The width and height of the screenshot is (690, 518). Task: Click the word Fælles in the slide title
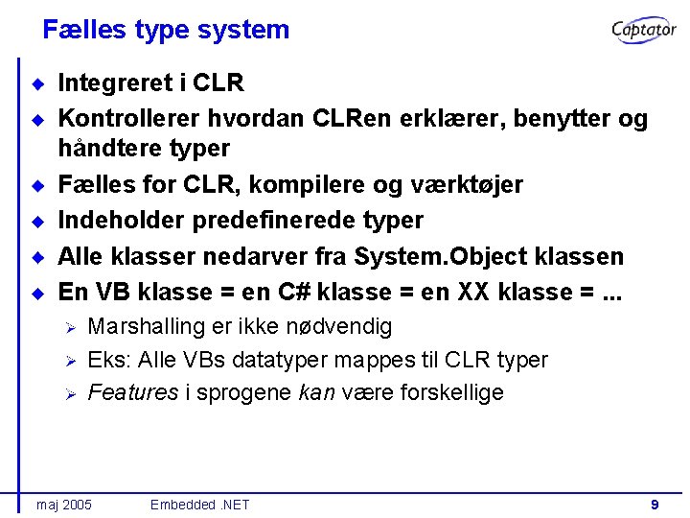83,30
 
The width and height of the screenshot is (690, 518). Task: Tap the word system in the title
244,30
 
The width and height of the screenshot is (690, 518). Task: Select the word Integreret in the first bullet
116,83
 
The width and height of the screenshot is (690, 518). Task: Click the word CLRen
337,119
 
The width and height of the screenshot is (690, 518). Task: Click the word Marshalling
147,327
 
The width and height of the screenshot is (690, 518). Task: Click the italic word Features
133,392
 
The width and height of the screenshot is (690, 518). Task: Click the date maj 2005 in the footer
63,505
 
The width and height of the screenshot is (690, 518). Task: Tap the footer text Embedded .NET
199,505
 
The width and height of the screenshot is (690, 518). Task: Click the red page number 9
654,504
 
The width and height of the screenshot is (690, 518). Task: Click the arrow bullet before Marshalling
69,328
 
